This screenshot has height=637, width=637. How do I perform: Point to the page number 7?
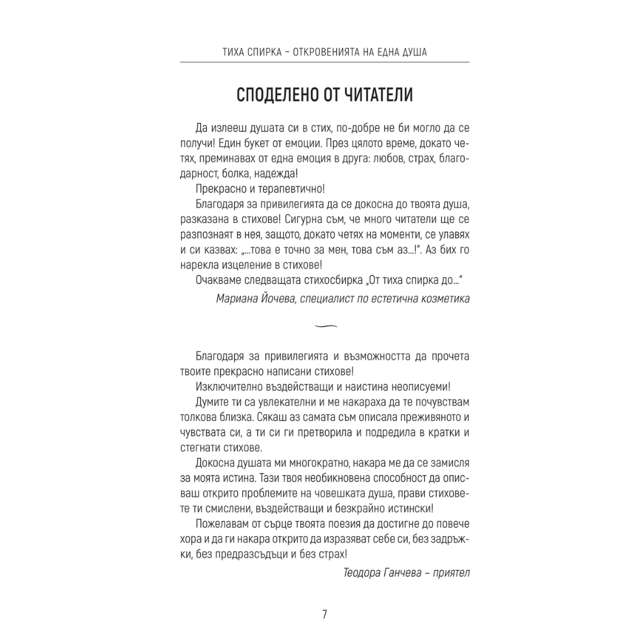tap(324, 614)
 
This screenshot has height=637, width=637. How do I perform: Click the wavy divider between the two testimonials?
tap(326, 325)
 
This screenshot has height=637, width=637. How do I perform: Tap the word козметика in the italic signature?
tap(444, 299)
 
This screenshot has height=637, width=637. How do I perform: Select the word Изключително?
tap(224, 387)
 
